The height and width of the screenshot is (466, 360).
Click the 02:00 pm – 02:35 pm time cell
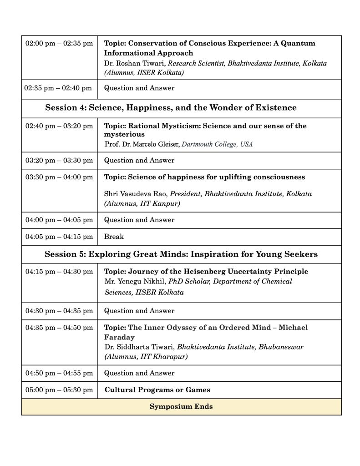click(59, 44)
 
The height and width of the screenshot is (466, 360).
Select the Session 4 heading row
click(171, 108)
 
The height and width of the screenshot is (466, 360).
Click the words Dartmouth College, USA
click(217, 144)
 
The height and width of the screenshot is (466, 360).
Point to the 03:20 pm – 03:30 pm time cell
click(59, 161)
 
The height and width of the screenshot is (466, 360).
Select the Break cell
click(114, 237)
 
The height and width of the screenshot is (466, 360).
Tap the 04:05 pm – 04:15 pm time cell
click(59, 237)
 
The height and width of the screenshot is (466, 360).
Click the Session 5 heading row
click(181, 254)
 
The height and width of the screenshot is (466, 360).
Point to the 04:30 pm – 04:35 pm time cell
click(59, 311)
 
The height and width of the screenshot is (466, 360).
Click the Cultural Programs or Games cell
click(157, 390)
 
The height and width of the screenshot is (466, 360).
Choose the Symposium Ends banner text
click(181, 407)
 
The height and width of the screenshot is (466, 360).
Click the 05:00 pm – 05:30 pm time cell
click(59, 390)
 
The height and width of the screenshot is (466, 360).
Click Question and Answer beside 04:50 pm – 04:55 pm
click(139, 373)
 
